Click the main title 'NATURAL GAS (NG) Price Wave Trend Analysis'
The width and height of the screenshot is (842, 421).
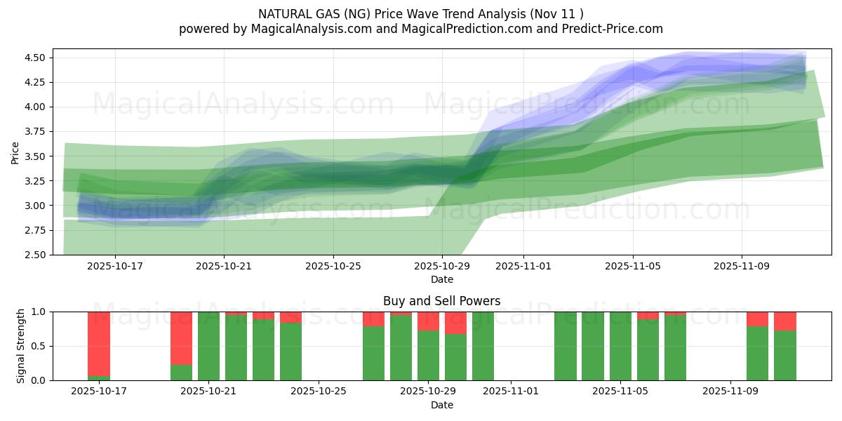[x=420, y=13]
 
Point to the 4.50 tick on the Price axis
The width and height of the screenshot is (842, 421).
[x=36, y=58]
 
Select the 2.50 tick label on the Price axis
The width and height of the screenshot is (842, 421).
[x=36, y=255]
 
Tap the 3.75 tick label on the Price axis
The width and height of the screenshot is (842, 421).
[x=36, y=132]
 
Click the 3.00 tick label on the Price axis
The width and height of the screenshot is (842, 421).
[x=36, y=206]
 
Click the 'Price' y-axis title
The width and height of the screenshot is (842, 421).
[x=15, y=152]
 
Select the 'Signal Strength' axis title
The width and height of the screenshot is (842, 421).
[x=21, y=346]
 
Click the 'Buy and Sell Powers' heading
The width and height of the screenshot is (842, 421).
[x=441, y=301]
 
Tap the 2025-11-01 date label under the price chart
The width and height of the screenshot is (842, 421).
[x=523, y=267]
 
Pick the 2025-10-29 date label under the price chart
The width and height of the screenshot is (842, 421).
[x=442, y=267]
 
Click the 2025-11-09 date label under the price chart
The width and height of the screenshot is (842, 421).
[x=742, y=267]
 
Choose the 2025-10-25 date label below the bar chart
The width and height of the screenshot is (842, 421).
[x=319, y=392]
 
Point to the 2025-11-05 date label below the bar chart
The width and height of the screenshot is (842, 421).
[x=621, y=392]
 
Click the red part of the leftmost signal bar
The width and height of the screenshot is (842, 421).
[x=99, y=344]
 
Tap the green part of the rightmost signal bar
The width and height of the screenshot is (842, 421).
[x=785, y=356]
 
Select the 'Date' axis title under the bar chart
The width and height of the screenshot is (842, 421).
[x=441, y=405]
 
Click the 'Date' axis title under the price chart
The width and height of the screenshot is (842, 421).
[x=441, y=279]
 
